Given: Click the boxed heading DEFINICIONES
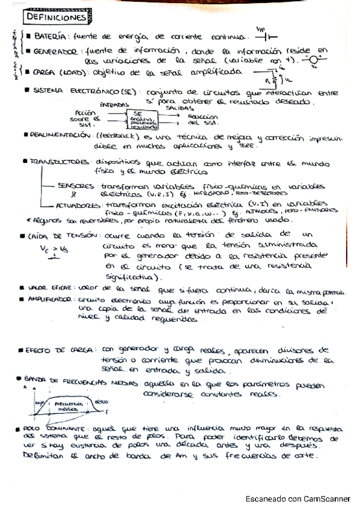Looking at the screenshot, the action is pos(53,18).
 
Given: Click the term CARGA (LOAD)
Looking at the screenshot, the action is pos(60,74).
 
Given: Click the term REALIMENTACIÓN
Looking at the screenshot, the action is pos(60,136).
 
